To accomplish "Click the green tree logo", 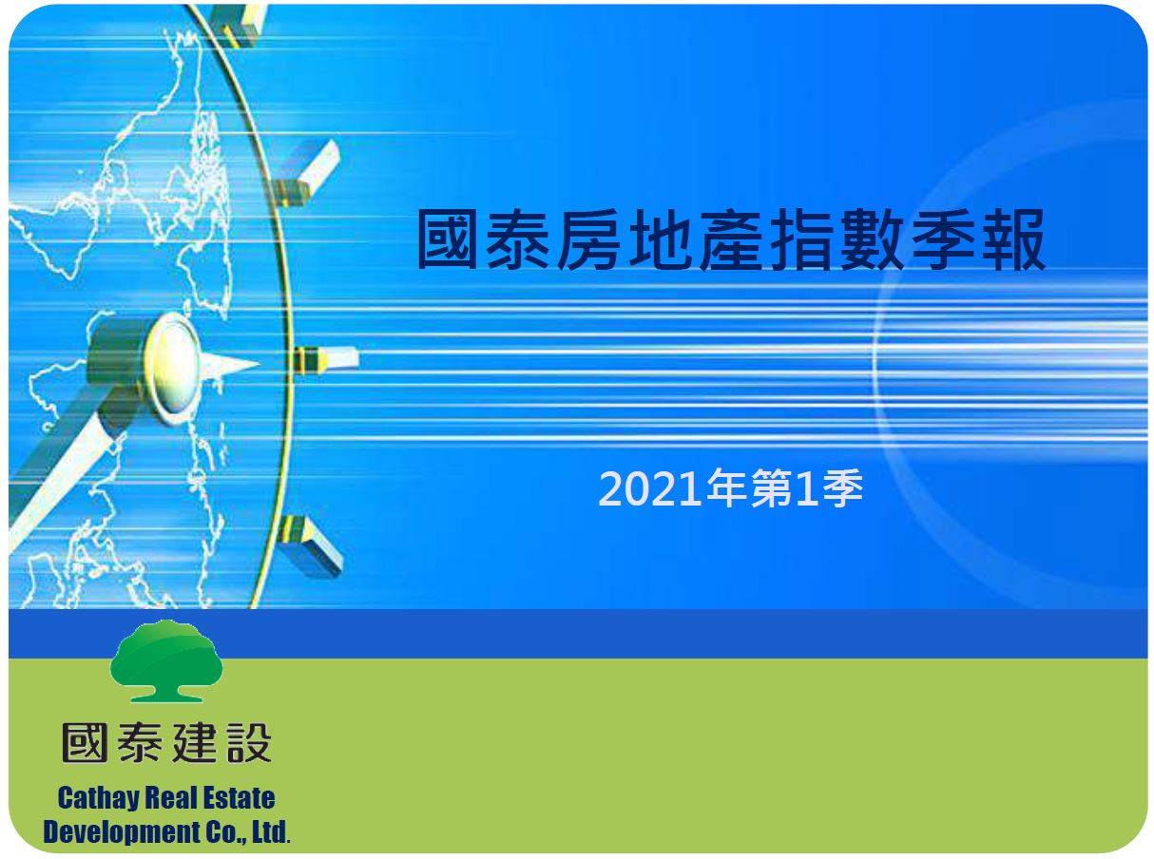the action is click(166, 660).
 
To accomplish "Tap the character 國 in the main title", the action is click(448, 239).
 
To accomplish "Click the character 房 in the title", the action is click(588, 239).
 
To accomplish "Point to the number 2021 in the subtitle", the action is click(649, 488).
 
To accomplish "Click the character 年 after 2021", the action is click(726, 487).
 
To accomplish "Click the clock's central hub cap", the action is click(173, 368).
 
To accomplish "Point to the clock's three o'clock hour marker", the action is click(326, 360).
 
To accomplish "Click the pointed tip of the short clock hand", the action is click(259, 362).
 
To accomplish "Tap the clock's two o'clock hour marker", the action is click(307, 173).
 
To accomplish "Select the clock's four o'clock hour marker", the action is click(310, 546).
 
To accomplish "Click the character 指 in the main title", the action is click(800, 239).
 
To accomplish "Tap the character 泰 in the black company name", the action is click(140, 742).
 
